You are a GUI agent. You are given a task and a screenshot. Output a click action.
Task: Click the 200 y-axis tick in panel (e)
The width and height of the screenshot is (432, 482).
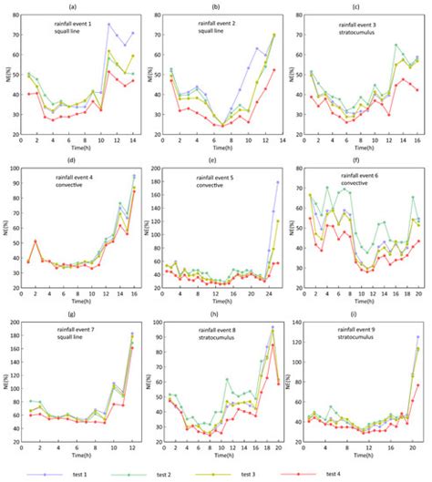pyautogui.click(x=162, y=169)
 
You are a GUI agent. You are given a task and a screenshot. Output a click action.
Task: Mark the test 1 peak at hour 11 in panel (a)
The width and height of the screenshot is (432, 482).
pyautogui.click(x=108, y=25)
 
